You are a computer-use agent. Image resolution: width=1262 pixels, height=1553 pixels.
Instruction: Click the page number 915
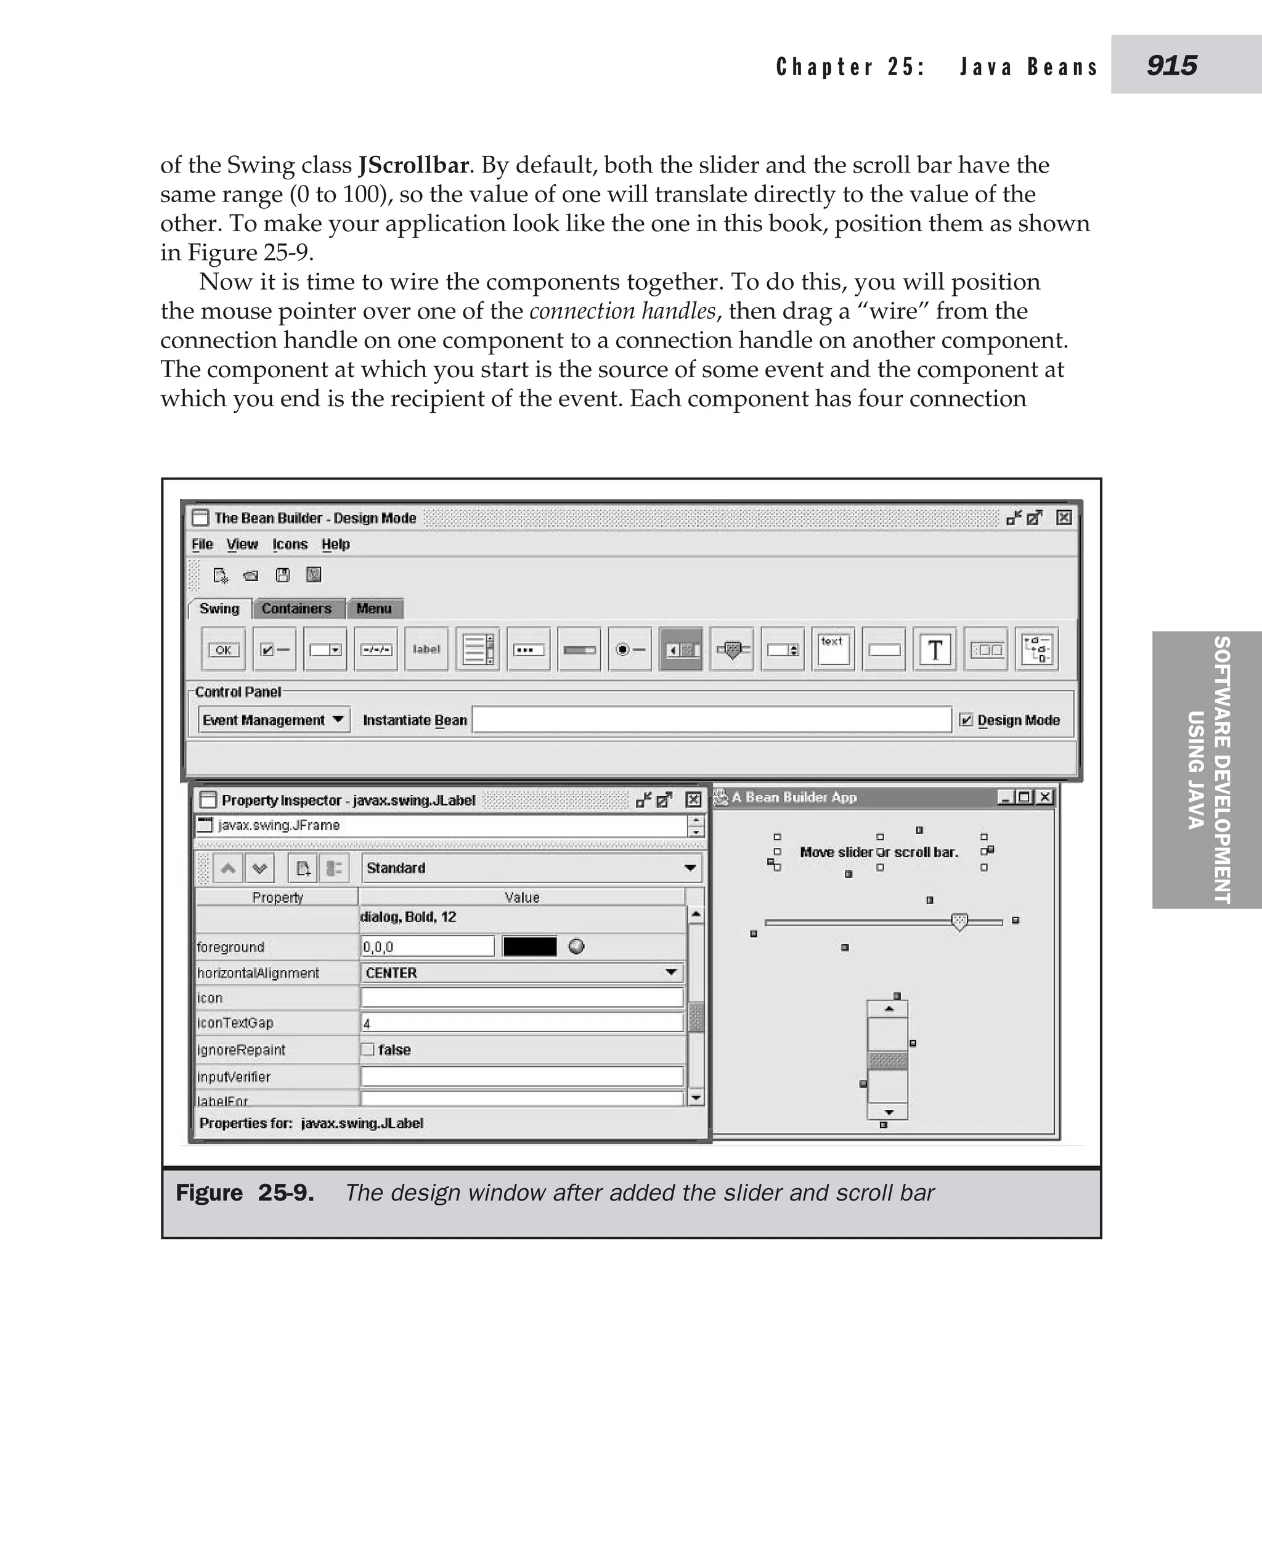click(1171, 65)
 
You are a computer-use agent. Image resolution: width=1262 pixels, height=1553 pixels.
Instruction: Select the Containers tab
click(296, 608)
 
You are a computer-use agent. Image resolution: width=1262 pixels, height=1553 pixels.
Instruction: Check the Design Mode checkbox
click(966, 720)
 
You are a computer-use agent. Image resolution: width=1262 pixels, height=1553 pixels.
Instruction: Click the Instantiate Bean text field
click(711, 720)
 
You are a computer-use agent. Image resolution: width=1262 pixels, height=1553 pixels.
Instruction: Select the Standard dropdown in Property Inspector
click(531, 867)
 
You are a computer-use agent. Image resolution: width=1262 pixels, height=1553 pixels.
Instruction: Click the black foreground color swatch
click(529, 946)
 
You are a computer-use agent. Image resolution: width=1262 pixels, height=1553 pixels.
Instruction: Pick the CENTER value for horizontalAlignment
click(521, 973)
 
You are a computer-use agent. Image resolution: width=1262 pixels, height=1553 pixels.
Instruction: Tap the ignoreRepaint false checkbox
click(368, 1049)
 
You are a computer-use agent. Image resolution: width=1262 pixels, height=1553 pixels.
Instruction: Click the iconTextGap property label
click(235, 1023)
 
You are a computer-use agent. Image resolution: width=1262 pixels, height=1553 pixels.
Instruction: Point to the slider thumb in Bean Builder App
click(959, 922)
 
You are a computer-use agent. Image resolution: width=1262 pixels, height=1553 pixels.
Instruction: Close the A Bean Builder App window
click(1044, 797)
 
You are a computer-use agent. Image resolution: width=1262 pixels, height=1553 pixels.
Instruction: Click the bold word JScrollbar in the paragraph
click(413, 165)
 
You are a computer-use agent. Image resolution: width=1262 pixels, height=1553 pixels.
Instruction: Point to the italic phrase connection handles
click(622, 311)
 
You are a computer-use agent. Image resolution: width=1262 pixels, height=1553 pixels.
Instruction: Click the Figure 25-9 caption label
click(245, 1193)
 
